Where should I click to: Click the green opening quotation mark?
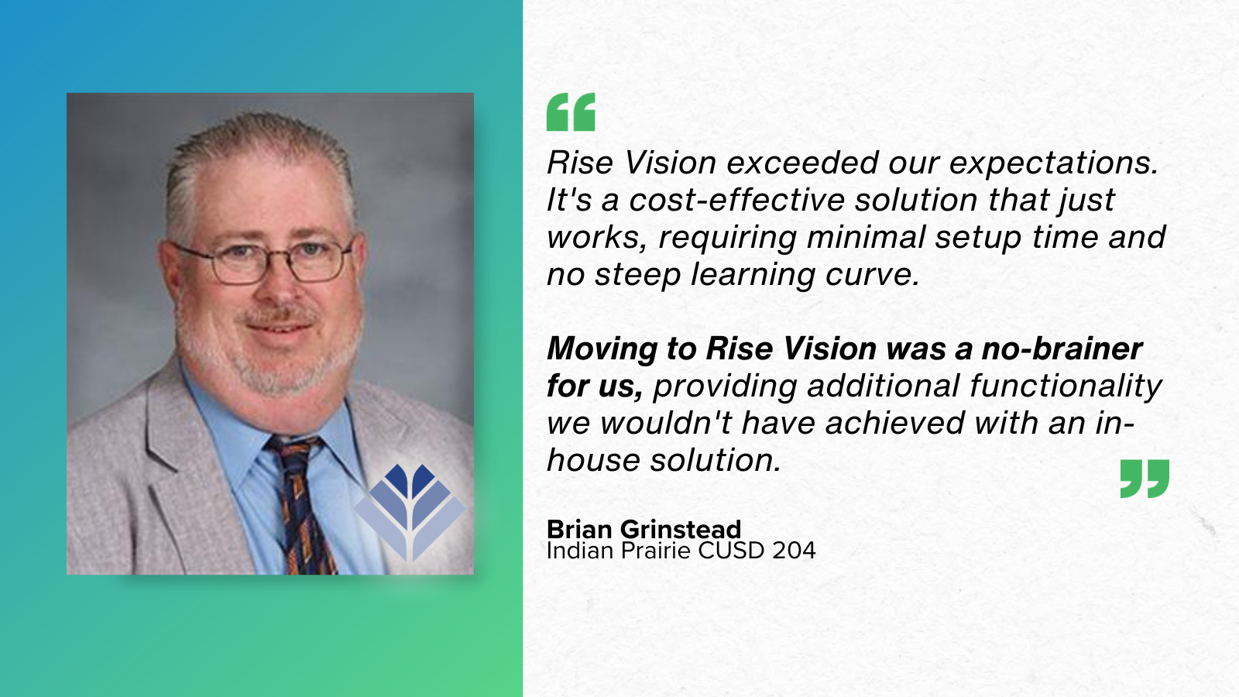coord(571,112)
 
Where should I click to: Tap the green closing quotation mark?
coord(1145,478)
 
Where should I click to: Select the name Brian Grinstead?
coord(644,529)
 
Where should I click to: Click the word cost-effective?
coord(736,201)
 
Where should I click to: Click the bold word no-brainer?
coord(1062,349)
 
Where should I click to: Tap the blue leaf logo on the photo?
coord(410,511)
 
